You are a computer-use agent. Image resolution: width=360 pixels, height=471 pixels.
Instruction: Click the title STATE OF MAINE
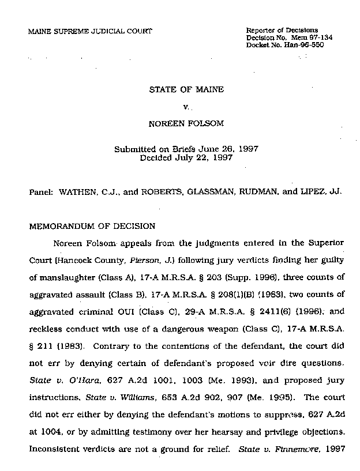186,91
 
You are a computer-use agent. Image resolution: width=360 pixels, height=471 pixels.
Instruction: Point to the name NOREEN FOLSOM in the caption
186,123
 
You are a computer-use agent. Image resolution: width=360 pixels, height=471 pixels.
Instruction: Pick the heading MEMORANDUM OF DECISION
91,227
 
